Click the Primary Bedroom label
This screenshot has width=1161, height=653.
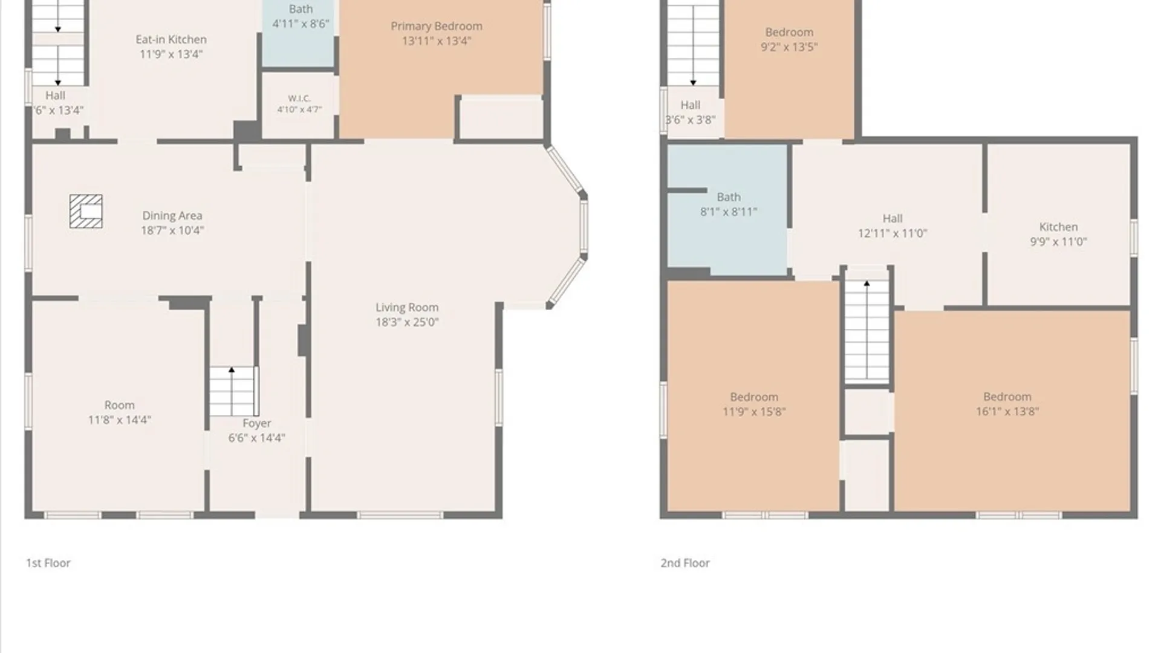[436, 26]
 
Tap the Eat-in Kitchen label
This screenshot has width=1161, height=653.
[171, 39]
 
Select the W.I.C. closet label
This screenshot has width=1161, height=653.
[299, 98]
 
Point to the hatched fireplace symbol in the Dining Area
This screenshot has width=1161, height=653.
[86, 211]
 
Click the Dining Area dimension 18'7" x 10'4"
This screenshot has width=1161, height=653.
[172, 230]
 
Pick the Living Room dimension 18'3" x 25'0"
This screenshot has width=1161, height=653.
[407, 322]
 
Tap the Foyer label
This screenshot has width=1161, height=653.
[257, 423]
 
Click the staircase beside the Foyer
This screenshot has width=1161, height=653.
[234, 391]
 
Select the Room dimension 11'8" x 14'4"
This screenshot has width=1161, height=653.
[120, 420]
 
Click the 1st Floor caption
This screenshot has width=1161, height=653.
[48, 563]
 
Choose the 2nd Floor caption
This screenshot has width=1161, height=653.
[685, 563]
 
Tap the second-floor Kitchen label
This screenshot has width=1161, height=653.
[1058, 227]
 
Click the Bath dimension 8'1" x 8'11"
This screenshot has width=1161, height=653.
[729, 212]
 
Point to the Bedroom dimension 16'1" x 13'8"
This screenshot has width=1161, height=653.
[1007, 411]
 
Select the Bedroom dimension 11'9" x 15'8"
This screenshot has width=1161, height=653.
[754, 412]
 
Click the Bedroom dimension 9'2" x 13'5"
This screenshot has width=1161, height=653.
[789, 47]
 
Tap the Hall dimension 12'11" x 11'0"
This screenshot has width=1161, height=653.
[893, 233]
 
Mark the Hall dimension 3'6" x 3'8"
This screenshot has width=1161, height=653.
[690, 120]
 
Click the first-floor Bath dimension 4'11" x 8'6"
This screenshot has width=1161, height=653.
[301, 24]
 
